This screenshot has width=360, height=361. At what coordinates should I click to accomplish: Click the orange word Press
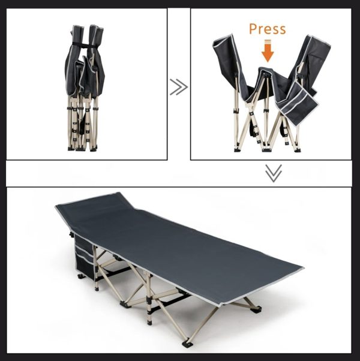[x=268, y=29]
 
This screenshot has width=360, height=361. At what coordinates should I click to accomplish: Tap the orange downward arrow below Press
[x=268, y=51]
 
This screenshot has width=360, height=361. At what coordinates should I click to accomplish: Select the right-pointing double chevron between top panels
[x=179, y=87]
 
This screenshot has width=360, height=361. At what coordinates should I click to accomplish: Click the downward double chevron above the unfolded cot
[x=274, y=173]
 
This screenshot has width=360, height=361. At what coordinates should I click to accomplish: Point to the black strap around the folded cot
[x=84, y=45]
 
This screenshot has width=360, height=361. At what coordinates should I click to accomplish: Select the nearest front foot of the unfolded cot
[x=187, y=344]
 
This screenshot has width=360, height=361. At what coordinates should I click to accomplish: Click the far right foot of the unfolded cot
[x=257, y=309]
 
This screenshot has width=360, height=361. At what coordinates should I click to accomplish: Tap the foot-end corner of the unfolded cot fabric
[x=302, y=268]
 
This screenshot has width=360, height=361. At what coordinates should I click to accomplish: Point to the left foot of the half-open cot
[x=237, y=150]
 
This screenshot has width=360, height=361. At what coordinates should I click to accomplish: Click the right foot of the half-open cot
[x=298, y=150]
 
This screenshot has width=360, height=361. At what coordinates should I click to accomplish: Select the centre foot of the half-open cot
[x=266, y=150]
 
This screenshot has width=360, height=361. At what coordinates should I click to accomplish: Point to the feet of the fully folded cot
[x=82, y=149]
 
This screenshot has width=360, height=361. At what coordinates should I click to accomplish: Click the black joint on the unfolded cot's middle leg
[x=149, y=300]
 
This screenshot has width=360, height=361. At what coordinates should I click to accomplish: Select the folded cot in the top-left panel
[x=84, y=88]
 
